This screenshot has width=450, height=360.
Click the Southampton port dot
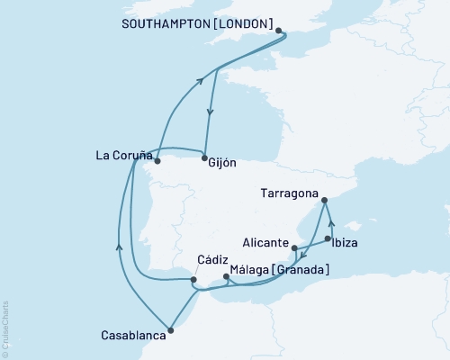[x=280, y=31]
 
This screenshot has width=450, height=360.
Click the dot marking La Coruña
[x=157, y=162]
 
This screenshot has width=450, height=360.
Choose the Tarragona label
[x=289, y=193]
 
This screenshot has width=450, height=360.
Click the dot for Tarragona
[x=325, y=201]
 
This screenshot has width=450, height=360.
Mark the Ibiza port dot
[x=328, y=239]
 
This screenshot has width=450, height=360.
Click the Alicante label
[x=265, y=244]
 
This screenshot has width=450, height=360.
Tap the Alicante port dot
[x=294, y=247]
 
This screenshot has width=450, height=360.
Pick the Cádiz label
[x=211, y=260]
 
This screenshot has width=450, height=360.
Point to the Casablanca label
[x=133, y=335]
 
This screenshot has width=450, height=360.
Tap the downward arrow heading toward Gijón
[x=211, y=112]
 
